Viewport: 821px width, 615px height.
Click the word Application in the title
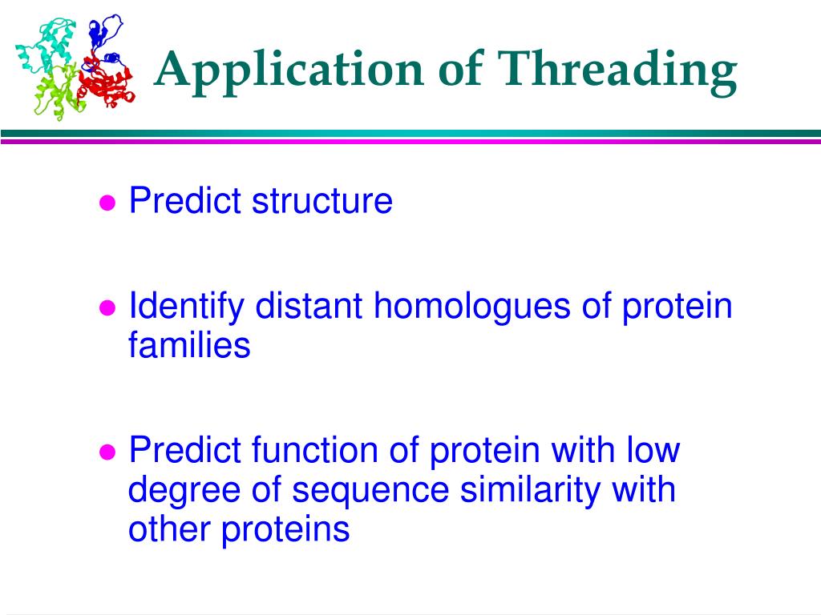(x=289, y=71)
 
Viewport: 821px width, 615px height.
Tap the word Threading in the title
(x=617, y=71)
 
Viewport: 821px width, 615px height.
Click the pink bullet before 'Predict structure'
(x=107, y=203)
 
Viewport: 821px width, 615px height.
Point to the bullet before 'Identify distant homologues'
(x=107, y=308)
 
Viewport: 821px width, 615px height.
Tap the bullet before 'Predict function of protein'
(x=107, y=452)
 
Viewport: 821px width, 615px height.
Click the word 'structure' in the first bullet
(x=322, y=200)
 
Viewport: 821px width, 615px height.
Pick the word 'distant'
(x=309, y=305)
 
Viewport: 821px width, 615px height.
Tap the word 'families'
(x=189, y=345)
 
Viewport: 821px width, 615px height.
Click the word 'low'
(x=653, y=450)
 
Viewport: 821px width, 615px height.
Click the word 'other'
(x=169, y=529)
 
